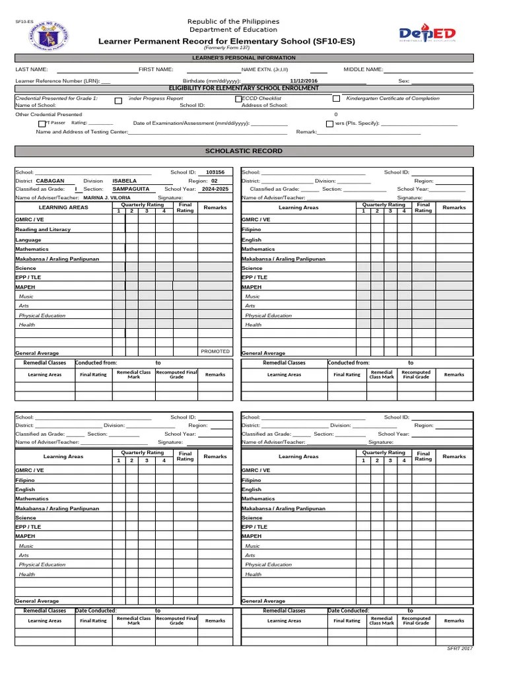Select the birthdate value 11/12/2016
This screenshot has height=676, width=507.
click(x=304, y=81)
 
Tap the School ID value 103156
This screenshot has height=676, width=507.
click(x=215, y=172)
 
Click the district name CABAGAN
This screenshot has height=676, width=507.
click(x=50, y=180)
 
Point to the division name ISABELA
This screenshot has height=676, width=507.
click(x=125, y=180)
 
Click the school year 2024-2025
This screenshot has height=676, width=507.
click(x=215, y=189)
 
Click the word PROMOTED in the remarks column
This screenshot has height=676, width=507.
click(x=215, y=351)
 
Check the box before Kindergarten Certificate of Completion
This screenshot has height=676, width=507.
click(x=336, y=99)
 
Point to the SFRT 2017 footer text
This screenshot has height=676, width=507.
click(x=460, y=649)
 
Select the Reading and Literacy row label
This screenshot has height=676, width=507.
click(x=43, y=230)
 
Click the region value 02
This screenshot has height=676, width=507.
click(x=214, y=180)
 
